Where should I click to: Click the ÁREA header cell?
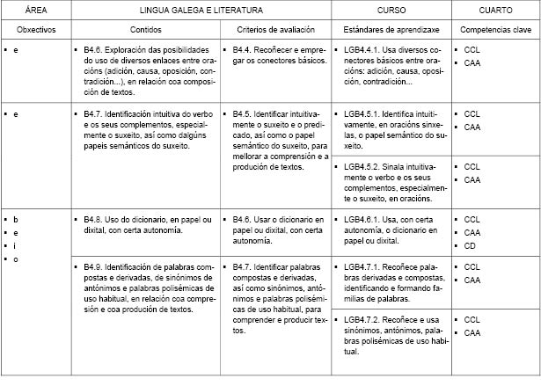pos(35,10)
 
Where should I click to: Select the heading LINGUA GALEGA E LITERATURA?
pos(199,10)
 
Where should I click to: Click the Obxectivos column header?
pos(35,30)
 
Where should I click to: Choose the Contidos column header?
pos(144,30)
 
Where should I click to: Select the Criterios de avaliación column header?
pos(275,30)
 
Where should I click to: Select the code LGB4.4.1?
pos(364,52)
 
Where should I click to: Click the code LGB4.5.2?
pos(364,167)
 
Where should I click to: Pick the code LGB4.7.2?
pos(364,320)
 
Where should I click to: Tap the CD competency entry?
pos(471,246)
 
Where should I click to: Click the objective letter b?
pos(15,219)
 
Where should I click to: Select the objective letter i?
pos(15,246)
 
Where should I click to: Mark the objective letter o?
pos(15,259)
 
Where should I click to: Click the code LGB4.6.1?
pos(364,219)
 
